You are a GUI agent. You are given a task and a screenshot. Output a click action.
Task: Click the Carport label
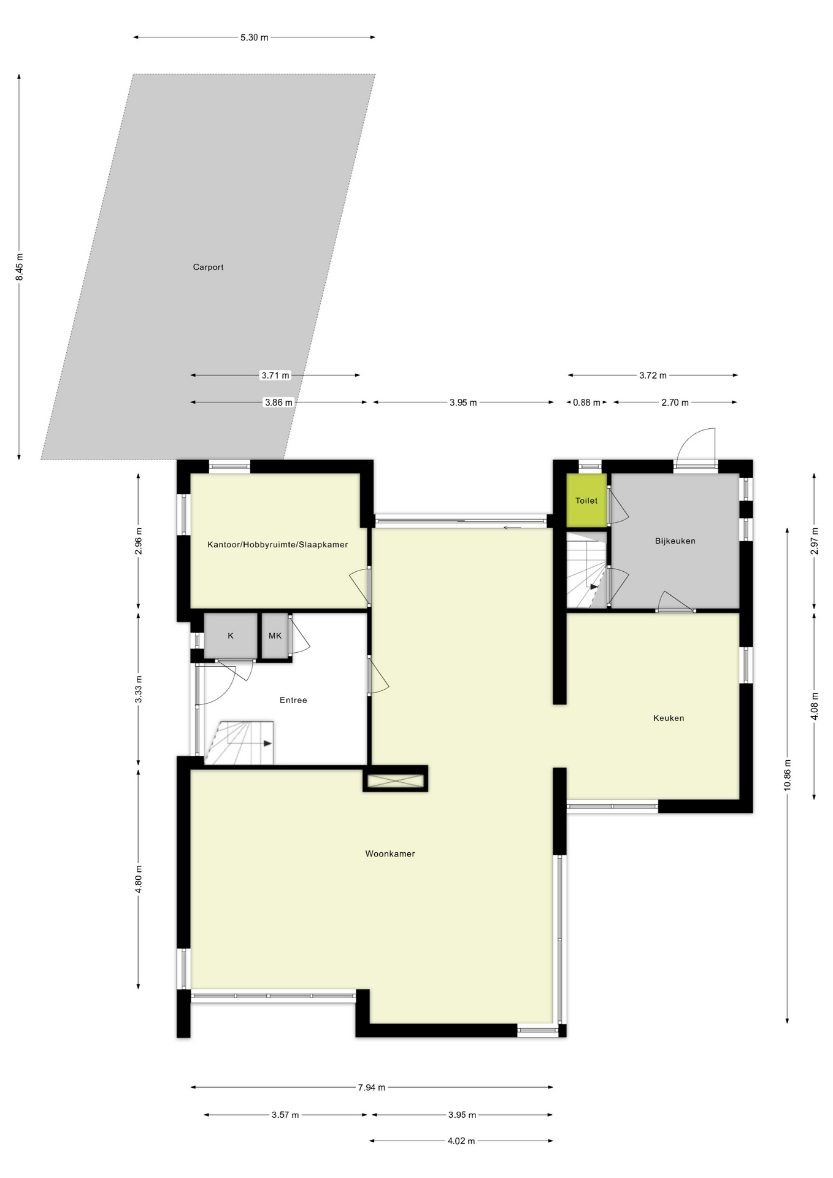[x=208, y=267]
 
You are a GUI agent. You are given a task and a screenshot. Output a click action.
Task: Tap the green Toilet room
[x=586, y=501]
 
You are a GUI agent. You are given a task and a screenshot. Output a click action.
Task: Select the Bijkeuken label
[x=675, y=541]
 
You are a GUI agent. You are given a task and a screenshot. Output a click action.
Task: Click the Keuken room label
[x=668, y=718]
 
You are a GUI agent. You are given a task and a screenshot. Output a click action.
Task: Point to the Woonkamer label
[x=390, y=853]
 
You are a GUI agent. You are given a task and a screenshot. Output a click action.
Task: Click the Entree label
[x=293, y=700]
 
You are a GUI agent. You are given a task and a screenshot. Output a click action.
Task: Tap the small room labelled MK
[x=275, y=636]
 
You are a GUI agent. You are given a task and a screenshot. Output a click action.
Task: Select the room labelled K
[x=231, y=636]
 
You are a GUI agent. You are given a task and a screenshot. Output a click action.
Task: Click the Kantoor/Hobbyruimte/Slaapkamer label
[x=277, y=545]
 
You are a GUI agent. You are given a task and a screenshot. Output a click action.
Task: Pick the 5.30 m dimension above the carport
[x=254, y=37]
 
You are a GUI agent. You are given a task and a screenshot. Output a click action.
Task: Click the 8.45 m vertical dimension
[x=19, y=267]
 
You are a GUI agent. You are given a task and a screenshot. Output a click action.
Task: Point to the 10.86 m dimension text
[x=788, y=775]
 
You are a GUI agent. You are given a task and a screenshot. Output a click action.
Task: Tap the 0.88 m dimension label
[x=586, y=402]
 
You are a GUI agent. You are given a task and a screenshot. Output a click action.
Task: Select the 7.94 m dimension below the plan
[x=372, y=1088]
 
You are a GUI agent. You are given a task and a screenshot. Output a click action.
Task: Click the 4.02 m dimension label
[x=461, y=1141]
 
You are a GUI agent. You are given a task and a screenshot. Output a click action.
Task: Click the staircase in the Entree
[x=239, y=743]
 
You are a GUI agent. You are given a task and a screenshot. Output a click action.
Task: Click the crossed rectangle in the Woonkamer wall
[x=395, y=781]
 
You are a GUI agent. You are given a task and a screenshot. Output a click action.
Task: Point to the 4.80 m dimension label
[x=139, y=879]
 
